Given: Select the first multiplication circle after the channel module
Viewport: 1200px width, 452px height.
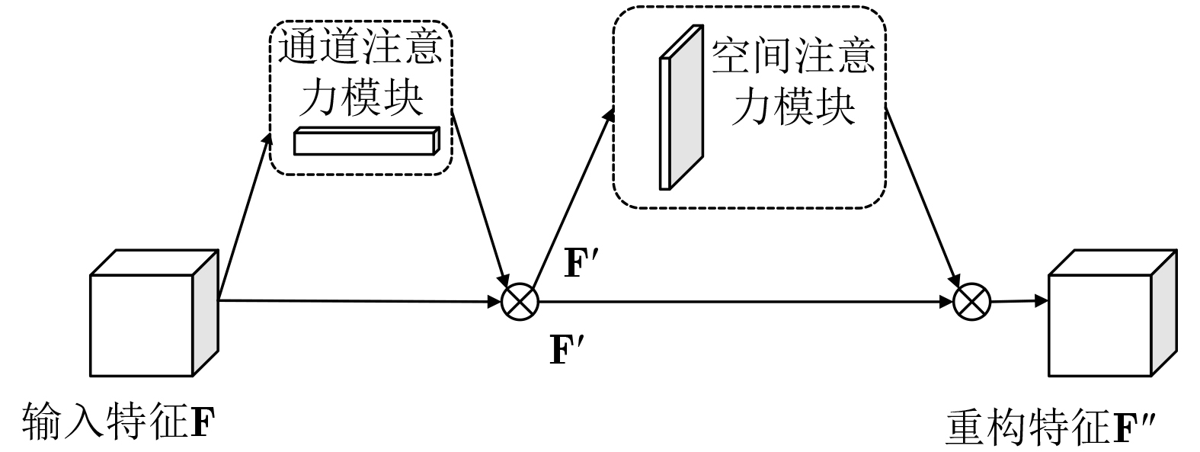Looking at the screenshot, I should pos(520,302).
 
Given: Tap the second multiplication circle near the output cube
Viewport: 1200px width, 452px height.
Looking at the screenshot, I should pos(971,302).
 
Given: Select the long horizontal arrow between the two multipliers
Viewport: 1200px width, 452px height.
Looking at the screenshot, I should pos(743,302).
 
